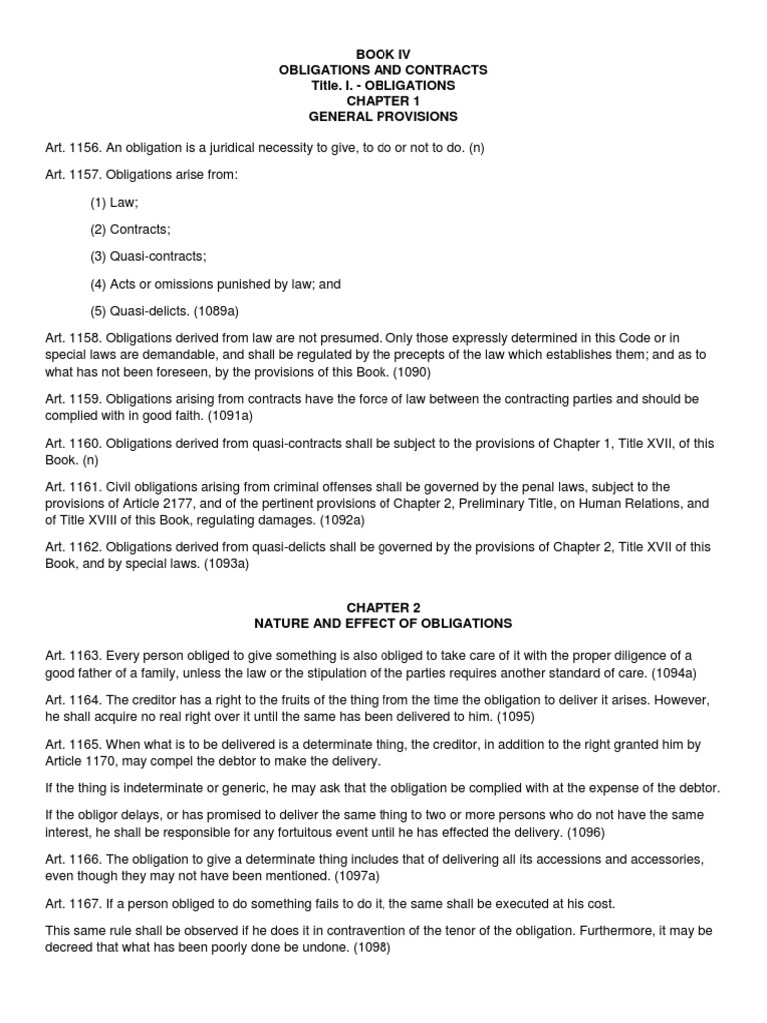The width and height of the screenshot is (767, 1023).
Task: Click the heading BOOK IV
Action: (383, 53)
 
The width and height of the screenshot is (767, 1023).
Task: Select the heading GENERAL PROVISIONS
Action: (383, 117)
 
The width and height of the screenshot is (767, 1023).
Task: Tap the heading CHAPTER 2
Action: (383, 607)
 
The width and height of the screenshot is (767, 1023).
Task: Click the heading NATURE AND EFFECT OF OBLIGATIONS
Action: (383, 623)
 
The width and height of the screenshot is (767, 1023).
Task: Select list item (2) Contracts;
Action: (130, 229)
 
